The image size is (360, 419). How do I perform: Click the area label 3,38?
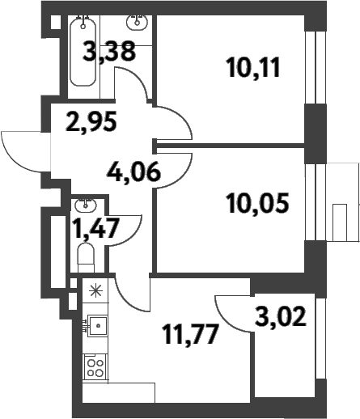[111, 54]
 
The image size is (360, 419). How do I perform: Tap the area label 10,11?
[254, 66]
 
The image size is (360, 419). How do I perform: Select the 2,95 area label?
[91, 123]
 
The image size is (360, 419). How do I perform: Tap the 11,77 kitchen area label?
[191, 332]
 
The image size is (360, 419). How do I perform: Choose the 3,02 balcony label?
[282, 314]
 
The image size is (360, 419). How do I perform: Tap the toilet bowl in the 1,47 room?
[86, 258]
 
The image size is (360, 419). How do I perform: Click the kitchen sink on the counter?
[97, 326]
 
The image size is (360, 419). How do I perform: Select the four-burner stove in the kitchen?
[95, 368]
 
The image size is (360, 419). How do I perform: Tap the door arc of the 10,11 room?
[174, 123]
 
